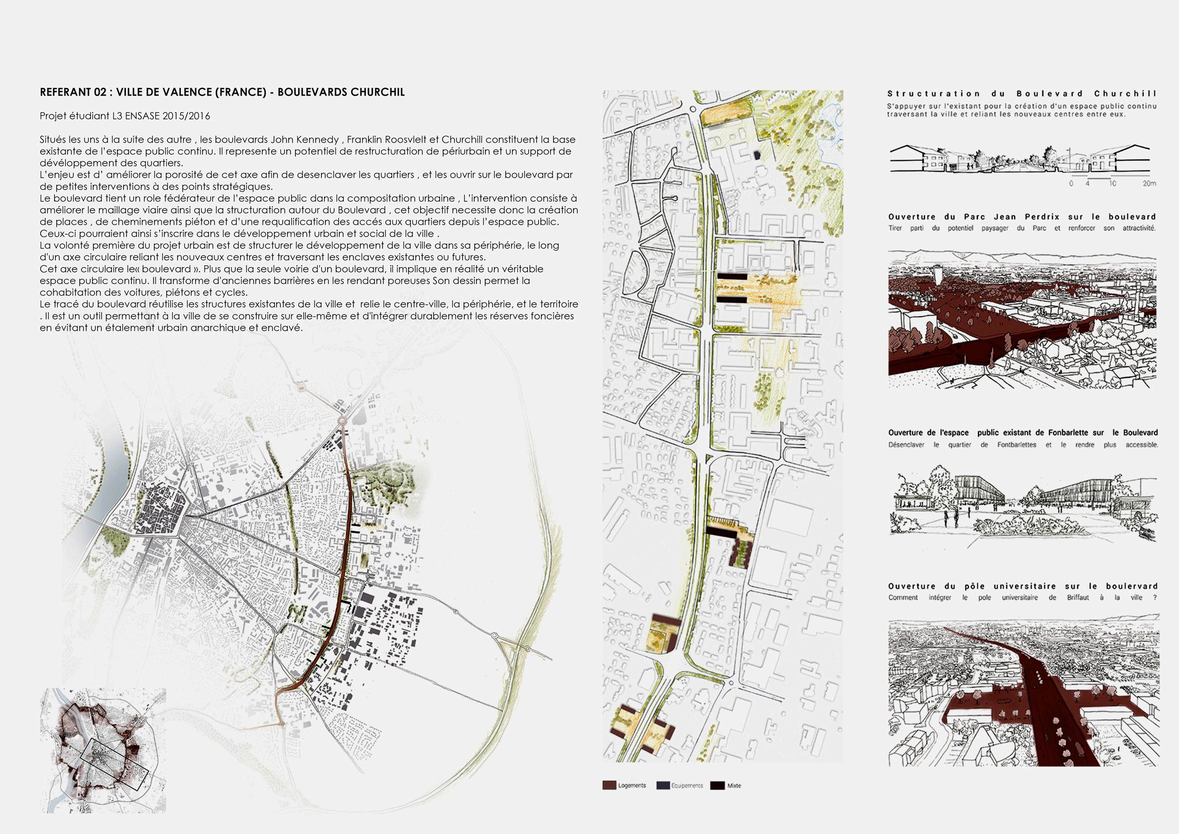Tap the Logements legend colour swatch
click(x=609, y=800)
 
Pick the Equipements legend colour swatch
click(x=663, y=800)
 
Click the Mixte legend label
click(x=734, y=800)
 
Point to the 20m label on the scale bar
click(x=1149, y=184)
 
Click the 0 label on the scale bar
click(x=1071, y=184)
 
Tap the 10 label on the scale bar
click(x=1112, y=184)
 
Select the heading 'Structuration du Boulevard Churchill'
click(x=1022, y=93)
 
